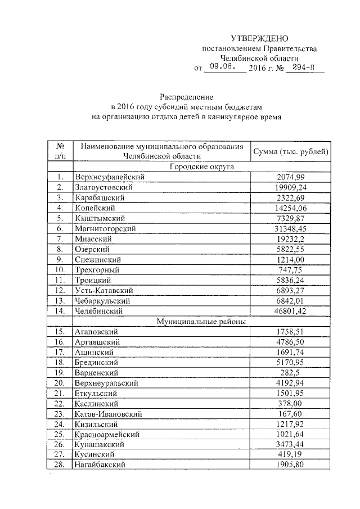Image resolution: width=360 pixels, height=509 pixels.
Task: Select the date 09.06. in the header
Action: point(220,68)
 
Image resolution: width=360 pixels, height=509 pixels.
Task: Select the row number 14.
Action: point(61,310)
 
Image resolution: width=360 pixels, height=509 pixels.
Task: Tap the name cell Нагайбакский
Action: point(99,465)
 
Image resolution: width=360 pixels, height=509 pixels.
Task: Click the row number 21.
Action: point(61,393)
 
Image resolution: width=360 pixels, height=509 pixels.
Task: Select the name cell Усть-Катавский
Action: point(103,290)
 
